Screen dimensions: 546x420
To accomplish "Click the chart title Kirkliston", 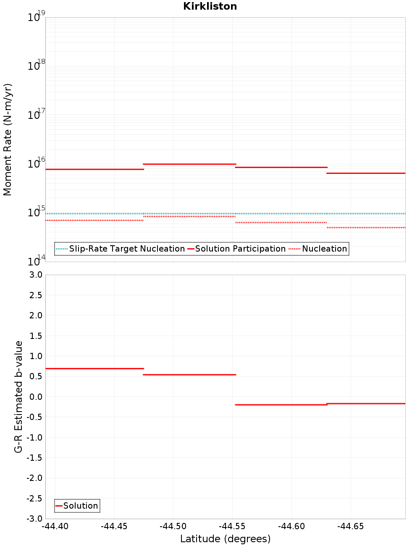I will [210, 6].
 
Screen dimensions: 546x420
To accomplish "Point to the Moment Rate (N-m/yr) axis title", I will [8, 139].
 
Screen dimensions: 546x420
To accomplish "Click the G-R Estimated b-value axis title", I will [18, 396].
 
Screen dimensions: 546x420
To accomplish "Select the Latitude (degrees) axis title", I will [225, 539].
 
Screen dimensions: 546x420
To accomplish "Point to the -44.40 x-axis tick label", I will [55, 526].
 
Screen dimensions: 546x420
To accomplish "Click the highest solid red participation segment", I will [189, 164].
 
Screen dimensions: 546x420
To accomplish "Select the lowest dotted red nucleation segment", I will [365, 228].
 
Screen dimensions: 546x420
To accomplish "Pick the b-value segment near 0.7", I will [94, 368].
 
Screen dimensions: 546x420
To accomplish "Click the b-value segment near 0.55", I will [189, 375].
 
